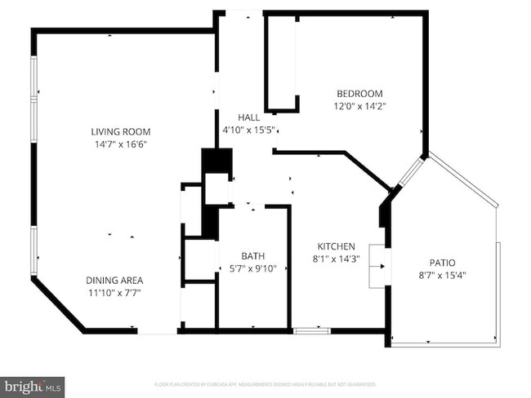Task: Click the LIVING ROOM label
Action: point(120,131)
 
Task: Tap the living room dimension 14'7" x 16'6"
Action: point(120,144)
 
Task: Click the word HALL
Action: point(249,117)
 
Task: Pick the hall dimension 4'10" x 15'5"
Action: point(249,130)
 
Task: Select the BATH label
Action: point(252,255)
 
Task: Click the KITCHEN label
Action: point(336,246)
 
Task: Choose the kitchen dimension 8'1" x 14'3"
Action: point(336,259)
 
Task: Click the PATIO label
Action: point(443,263)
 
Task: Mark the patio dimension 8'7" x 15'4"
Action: point(443,275)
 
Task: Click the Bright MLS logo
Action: point(33,384)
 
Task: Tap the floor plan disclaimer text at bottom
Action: point(265,383)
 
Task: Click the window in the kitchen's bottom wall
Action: point(311,330)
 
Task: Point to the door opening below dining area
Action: point(157,330)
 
